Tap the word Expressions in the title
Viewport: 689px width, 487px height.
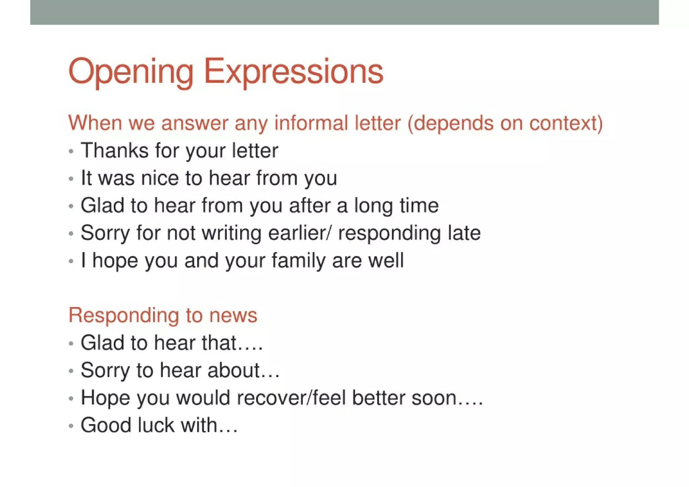click(x=293, y=72)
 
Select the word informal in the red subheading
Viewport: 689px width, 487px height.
click(x=311, y=123)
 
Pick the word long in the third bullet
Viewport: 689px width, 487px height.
click(x=373, y=206)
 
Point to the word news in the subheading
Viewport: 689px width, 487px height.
click(x=233, y=315)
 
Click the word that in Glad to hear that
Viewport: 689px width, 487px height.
click(x=219, y=343)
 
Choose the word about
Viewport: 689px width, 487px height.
click(x=233, y=370)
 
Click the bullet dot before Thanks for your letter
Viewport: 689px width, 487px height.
click(x=71, y=151)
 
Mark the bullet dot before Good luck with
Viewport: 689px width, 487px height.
click(x=71, y=426)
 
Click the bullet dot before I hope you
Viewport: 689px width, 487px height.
click(x=71, y=261)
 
